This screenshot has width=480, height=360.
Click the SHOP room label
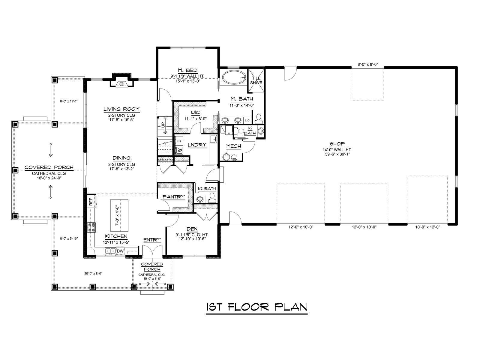tap(337, 144)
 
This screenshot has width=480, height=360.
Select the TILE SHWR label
tap(256, 80)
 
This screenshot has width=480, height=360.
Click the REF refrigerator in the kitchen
tap(91, 201)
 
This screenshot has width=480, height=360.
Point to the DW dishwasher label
tap(120, 251)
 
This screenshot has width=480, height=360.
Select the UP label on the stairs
tap(163, 125)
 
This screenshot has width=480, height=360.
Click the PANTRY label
tap(174, 197)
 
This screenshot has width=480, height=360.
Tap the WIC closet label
tap(195, 112)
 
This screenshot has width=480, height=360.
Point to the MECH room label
tap(233, 146)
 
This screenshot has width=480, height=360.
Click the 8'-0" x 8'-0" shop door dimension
tap(367, 64)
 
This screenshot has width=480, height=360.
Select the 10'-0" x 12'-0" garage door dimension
tap(427, 227)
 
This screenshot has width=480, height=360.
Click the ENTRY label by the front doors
tap(152, 240)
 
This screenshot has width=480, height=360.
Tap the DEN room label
tap(192, 229)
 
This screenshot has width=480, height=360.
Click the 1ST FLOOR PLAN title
tap(257, 307)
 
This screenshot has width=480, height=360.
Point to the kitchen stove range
tap(91, 227)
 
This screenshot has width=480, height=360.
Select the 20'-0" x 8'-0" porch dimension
tap(93, 273)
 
